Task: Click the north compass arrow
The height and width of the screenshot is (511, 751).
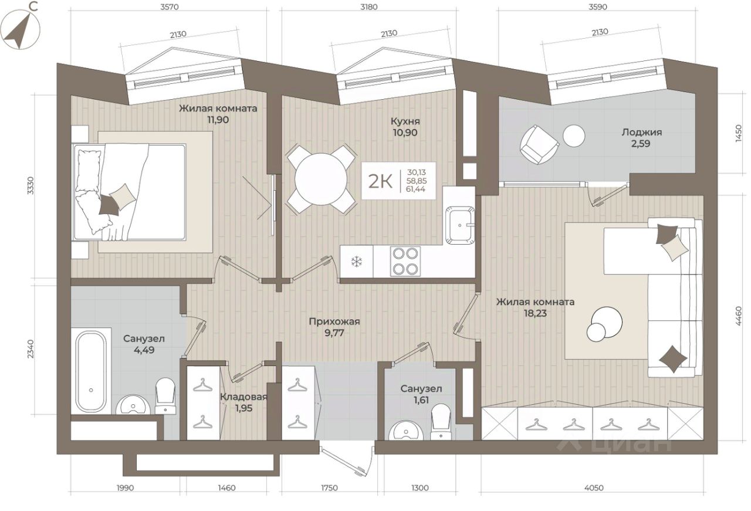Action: (x=19, y=31)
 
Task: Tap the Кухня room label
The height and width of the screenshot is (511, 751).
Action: (x=405, y=121)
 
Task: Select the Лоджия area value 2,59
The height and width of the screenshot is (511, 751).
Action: (x=640, y=144)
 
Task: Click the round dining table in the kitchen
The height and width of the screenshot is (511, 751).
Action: (x=321, y=179)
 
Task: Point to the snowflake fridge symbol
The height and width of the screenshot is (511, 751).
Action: (x=356, y=262)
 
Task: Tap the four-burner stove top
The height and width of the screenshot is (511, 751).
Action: (x=405, y=261)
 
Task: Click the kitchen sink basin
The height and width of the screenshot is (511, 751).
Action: (x=459, y=225)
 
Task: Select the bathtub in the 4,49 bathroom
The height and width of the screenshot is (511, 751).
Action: (x=91, y=372)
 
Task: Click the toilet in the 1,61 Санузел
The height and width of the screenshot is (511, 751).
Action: (x=441, y=421)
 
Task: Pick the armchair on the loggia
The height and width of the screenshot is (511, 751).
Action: (x=539, y=144)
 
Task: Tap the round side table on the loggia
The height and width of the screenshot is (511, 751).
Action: (x=574, y=136)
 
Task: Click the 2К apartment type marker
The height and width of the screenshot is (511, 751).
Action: (x=380, y=181)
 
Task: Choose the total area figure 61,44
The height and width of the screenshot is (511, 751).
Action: (x=416, y=189)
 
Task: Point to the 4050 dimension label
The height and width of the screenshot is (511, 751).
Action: (x=594, y=488)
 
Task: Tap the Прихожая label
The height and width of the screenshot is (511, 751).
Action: (x=334, y=322)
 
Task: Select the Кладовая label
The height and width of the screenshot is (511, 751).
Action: (x=243, y=397)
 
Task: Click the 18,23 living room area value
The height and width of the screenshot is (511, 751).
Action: (x=535, y=313)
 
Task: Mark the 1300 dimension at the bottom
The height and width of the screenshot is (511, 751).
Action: (x=420, y=488)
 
